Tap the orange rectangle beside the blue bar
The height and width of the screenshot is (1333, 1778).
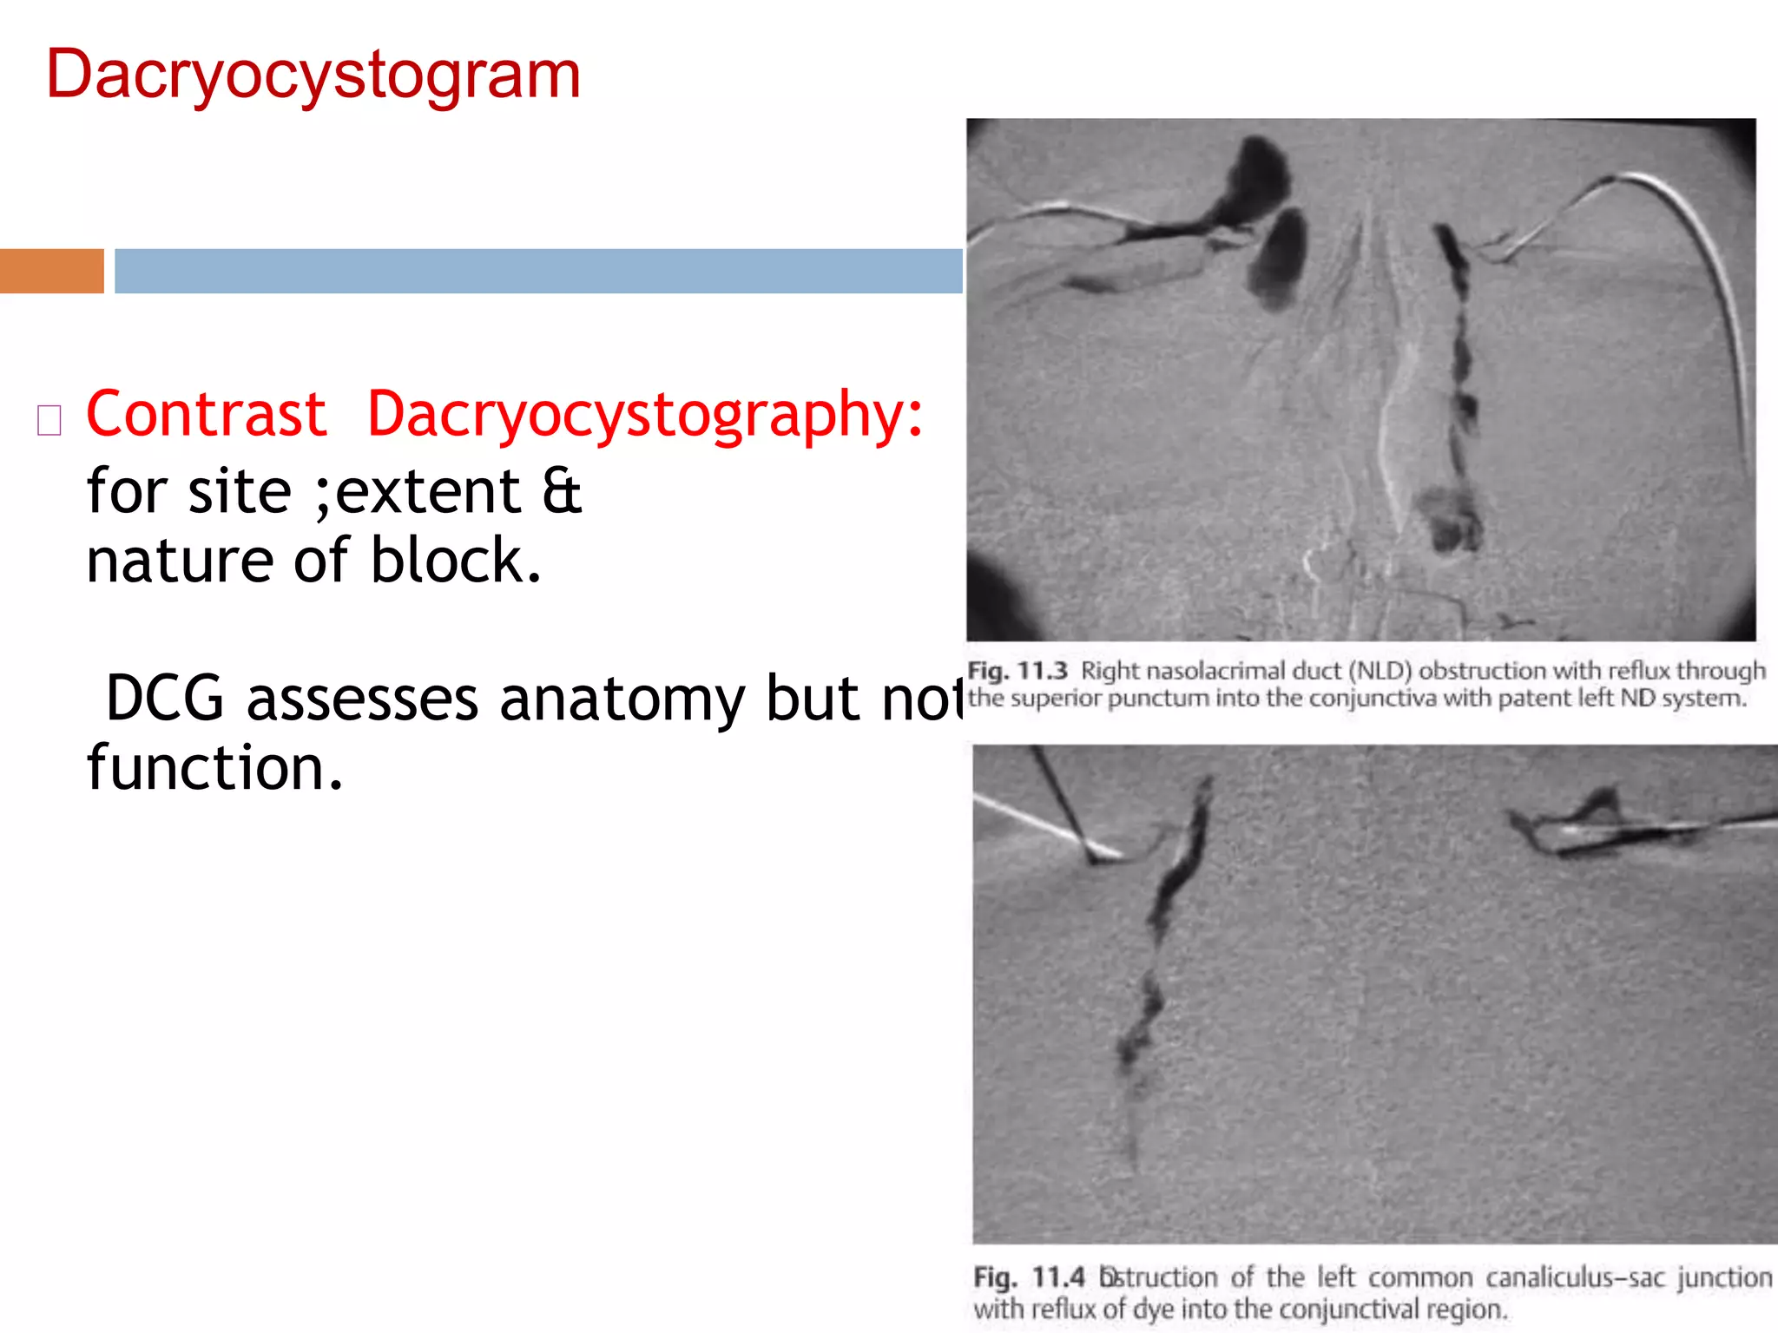[x=51, y=271]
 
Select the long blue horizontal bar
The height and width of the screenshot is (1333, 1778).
[x=538, y=271]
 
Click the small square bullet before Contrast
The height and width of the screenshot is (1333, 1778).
[x=49, y=420]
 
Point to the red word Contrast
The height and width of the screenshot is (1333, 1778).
[x=207, y=414]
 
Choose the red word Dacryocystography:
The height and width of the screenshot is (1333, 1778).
[x=645, y=416]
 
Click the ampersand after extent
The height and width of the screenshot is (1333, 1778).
[x=562, y=492]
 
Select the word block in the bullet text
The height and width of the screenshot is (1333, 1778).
[x=456, y=561]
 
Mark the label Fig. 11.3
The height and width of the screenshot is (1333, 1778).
[x=1017, y=671]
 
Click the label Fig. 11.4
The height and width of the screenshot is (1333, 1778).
[x=1029, y=1277]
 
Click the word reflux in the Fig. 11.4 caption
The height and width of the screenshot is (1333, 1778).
[x=1063, y=1309]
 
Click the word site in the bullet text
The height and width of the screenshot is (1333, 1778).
[x=240, y=492]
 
